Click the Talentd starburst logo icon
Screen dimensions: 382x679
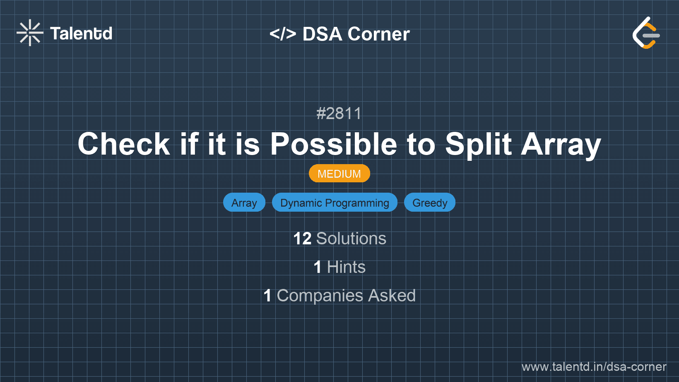pos(30,33)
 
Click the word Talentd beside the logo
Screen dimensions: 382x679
pos(81,33)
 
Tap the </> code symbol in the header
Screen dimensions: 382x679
pos(283,34)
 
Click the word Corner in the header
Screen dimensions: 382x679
pos(379,34)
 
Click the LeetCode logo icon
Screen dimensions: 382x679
pos(646,33)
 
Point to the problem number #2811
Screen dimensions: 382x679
pos(339,113)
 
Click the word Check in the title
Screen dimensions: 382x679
pos(124,144)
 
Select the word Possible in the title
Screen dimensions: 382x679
pos(334,144)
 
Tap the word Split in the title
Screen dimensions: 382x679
pos(479,144)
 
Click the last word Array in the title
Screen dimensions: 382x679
pos(561,144)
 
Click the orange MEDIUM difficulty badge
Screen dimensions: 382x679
pos(339,174)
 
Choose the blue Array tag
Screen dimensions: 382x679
pos(244,203)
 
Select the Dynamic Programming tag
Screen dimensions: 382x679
pos(335,203)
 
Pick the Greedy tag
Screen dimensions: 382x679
pos(430,203)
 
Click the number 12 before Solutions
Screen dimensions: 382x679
pos(302,239)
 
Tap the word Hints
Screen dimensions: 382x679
pos(346,267)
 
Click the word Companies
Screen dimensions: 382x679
pos(320,296)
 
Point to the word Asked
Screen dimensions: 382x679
pos(392,296)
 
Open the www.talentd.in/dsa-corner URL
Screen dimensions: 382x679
pos(594,367)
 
